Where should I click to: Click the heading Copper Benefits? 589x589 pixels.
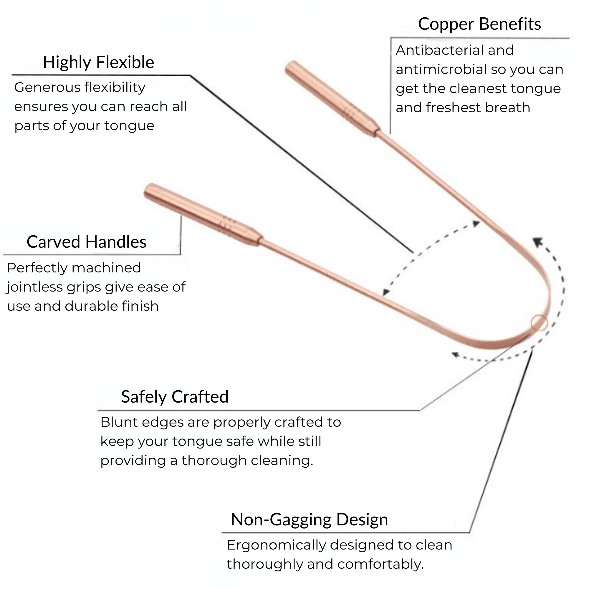click(x=479, y=24)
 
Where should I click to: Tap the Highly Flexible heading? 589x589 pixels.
click(x=98, y=62)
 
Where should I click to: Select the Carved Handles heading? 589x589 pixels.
click(x=86, y=242)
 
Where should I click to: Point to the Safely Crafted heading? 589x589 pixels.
click(x=174, y=397)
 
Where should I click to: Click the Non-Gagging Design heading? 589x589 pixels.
click(x=309, y=519)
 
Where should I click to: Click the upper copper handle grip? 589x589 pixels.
click(x=332, y=99)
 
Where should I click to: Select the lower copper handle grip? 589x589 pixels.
click(x=203, y=215)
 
